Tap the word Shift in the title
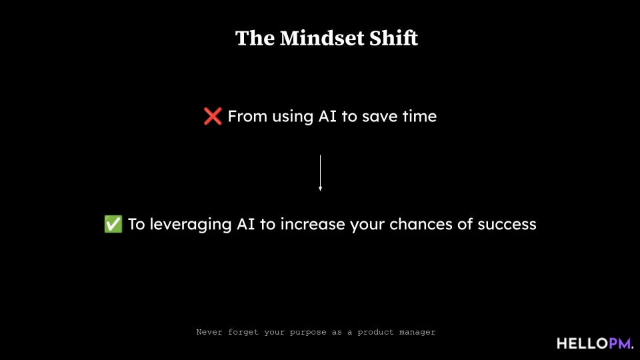pos(394,39)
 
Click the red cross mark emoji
pos(213,117)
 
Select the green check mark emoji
pos(113,224)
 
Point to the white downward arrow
pos(320,173)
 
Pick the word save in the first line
pos(378,117)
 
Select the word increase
pos(313,224)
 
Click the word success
pos(507,224)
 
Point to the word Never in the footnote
pos(209,331)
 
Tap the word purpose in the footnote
pos(307,331)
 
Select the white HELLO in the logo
pos(582,343)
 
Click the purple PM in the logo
pos(619,343)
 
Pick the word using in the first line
pos(292,117)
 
